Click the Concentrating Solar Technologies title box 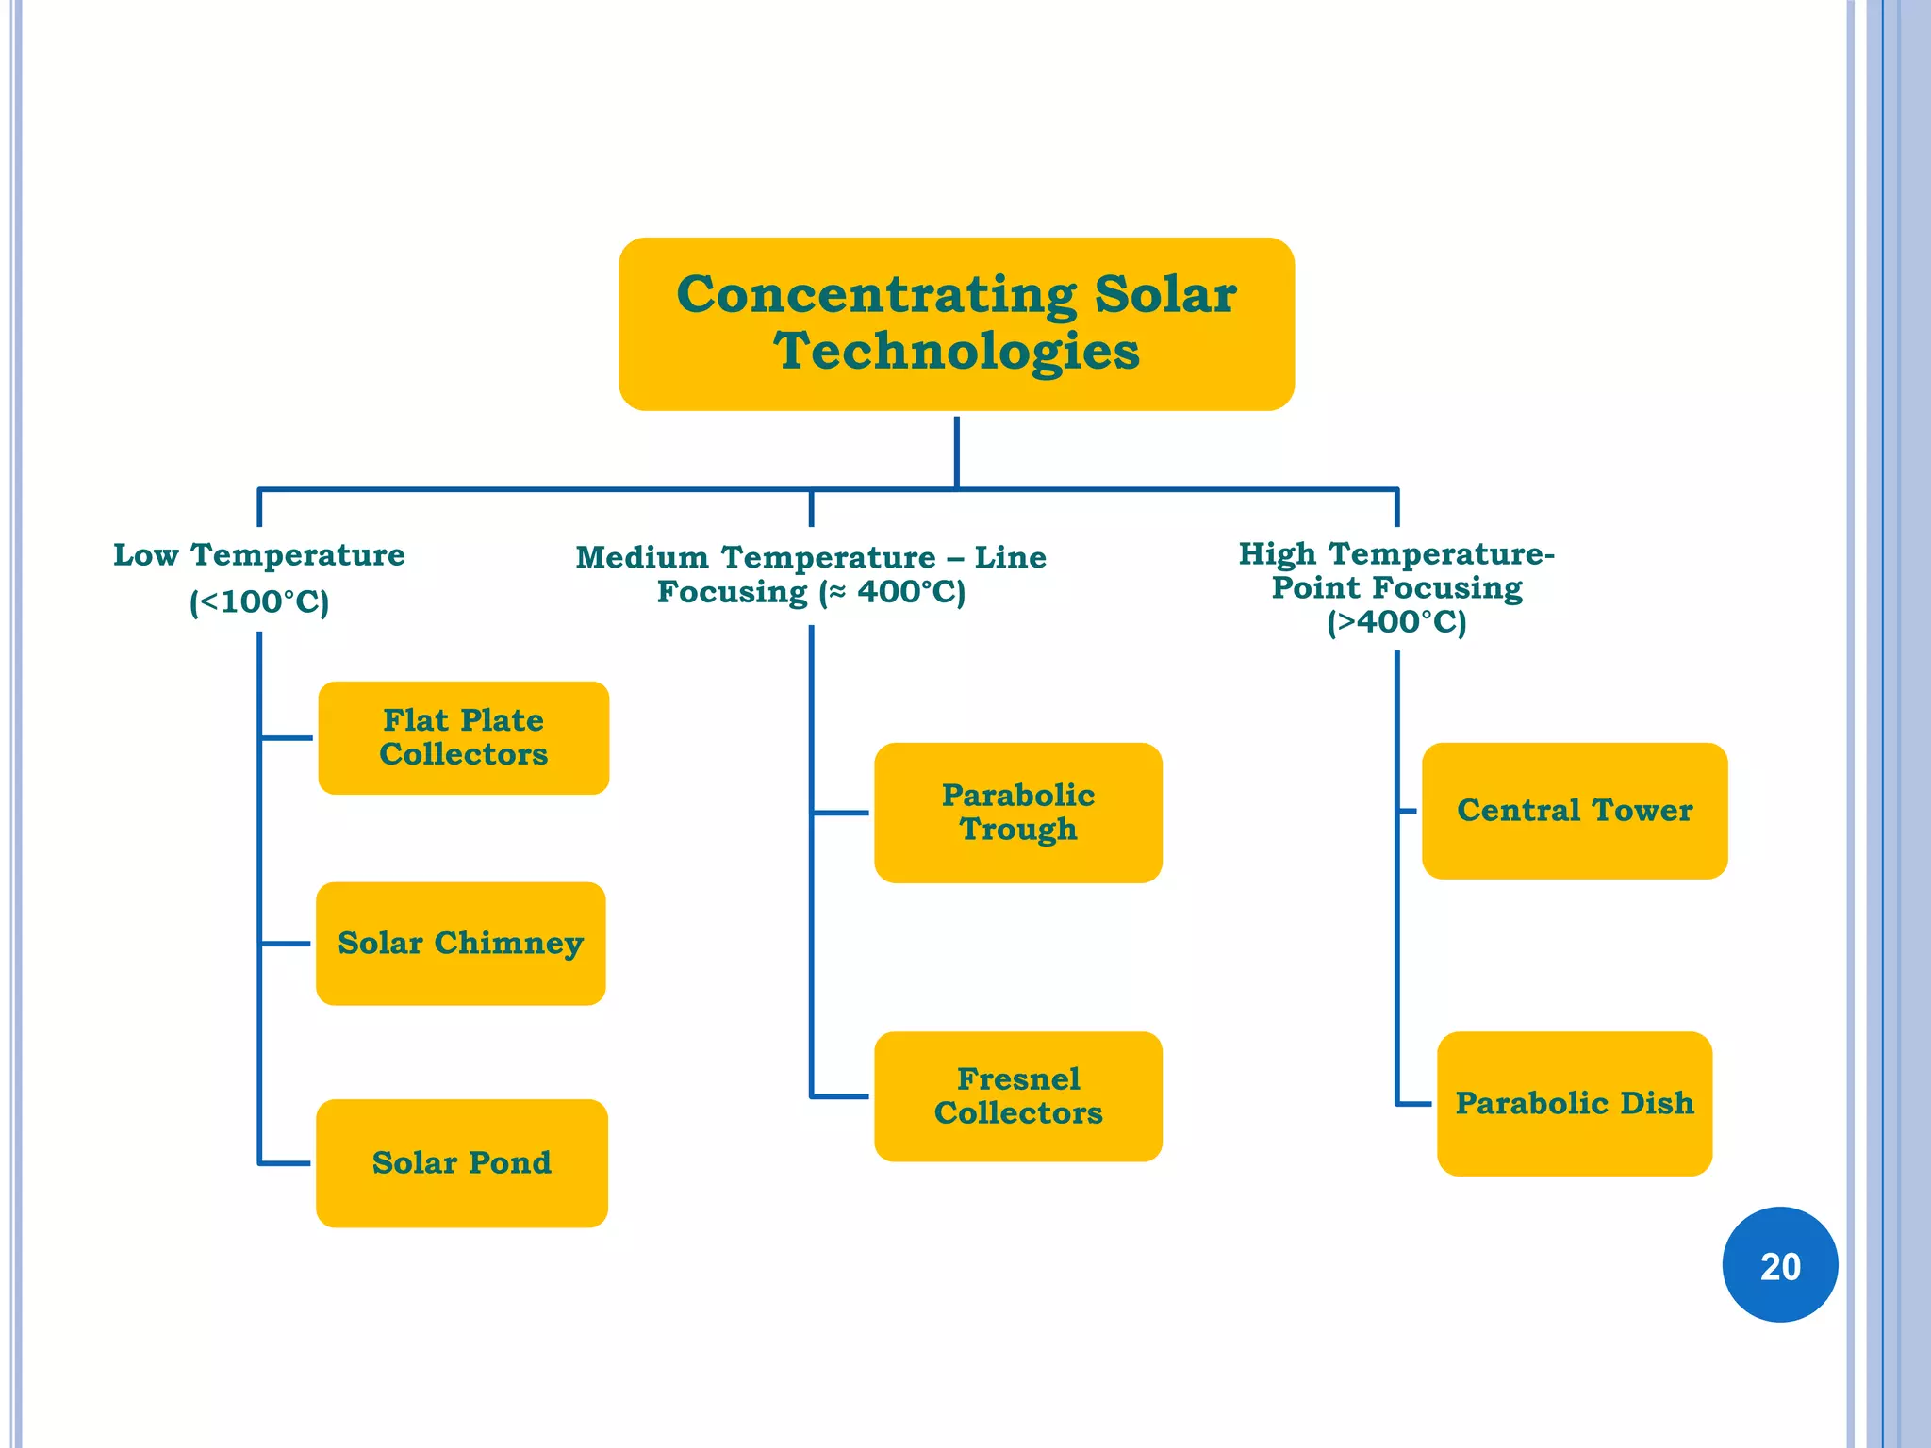[x=956, y=323]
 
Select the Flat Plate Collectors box [x=463, y=738]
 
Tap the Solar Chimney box [x=460, y=944]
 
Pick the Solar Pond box [x=461, y=1163]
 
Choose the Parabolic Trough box [x=1018, y=813]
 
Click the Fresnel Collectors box [x=1018, y=1096]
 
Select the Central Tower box [x=1575, y=811]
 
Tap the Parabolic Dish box [x=1575, y=1103]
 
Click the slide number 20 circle [x=1780, y=1265]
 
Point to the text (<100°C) [x=259, y=601]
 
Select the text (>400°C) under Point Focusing [x=1396, y=622]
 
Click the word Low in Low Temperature [x=146, y=554]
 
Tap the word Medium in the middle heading [x=642, y=557]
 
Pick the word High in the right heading [x=1277, y=553]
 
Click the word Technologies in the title [x=956, y=352]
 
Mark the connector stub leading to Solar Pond [x=285, y=1163]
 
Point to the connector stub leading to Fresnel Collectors [x=839, y=1096]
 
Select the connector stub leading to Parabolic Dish [x=1414, y=1103]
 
